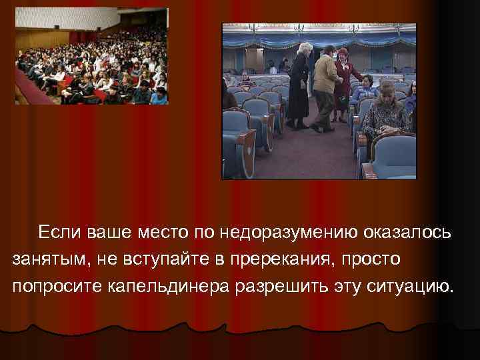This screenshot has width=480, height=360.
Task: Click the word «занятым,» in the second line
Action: tap(44, 259)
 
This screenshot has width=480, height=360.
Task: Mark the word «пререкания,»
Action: tap(279, 259)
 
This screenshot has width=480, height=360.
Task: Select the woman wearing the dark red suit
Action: tap(344, 80)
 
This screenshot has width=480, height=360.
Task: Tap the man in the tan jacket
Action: tap(325, 83)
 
